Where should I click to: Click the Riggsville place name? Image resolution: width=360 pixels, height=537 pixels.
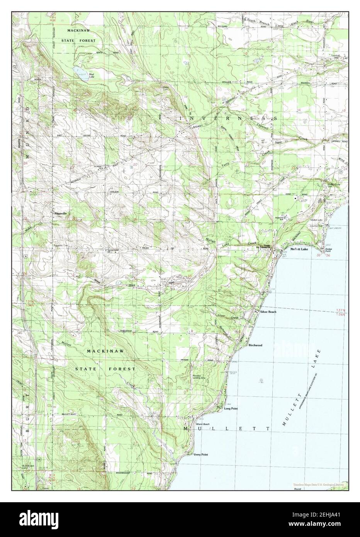[x=60, y=213]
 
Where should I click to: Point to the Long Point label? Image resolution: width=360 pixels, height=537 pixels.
[x=231, y=408]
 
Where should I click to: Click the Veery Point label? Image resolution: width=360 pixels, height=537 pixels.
[x=201, y=455]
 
